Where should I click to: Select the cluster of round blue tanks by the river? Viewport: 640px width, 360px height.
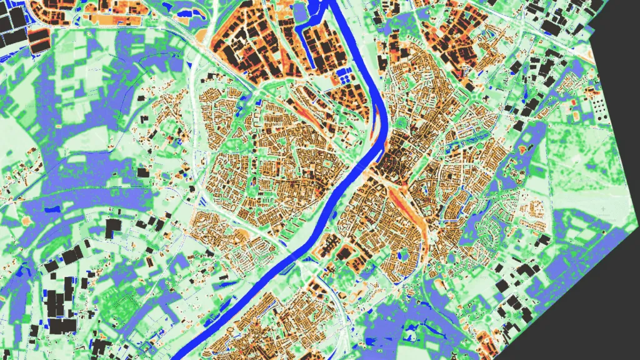pyautogui.click(x=344, y=77)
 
